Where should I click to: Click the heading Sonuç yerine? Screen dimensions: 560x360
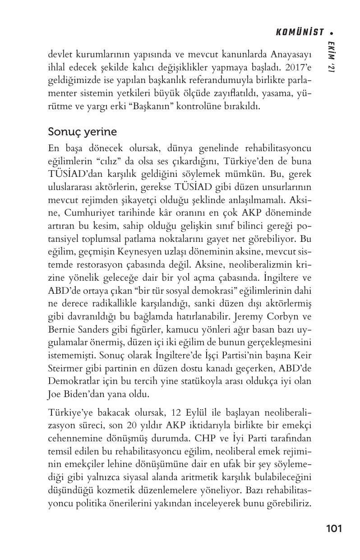(83, 132)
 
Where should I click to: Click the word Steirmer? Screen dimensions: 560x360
(65, 368)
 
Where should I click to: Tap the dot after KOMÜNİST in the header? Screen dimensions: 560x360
(332, 32)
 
